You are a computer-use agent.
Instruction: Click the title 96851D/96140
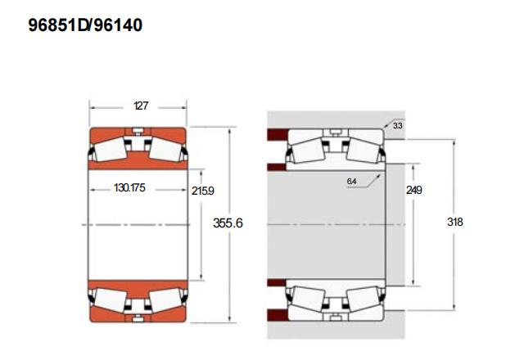(85, 25)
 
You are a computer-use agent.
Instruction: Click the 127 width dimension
(141, 106)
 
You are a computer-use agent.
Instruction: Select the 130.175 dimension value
(129, 187)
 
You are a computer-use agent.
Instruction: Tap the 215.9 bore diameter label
(203, 191)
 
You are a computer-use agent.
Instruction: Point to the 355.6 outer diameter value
(228, 223)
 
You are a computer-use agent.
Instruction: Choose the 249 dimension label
(414, 190)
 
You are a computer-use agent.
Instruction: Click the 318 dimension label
(455, 222)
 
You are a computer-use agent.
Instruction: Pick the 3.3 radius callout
(398, 125)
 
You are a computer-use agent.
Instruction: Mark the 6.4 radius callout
(351, 182)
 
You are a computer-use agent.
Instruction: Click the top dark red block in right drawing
(278, 134)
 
